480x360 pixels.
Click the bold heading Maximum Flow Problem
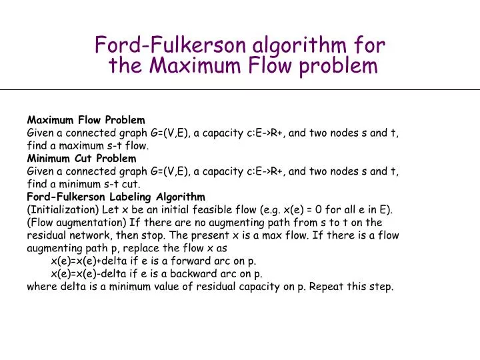[x=85, y=120]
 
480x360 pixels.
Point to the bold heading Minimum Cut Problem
[x=81, y=159]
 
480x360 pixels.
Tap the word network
[x=90, y=235]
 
